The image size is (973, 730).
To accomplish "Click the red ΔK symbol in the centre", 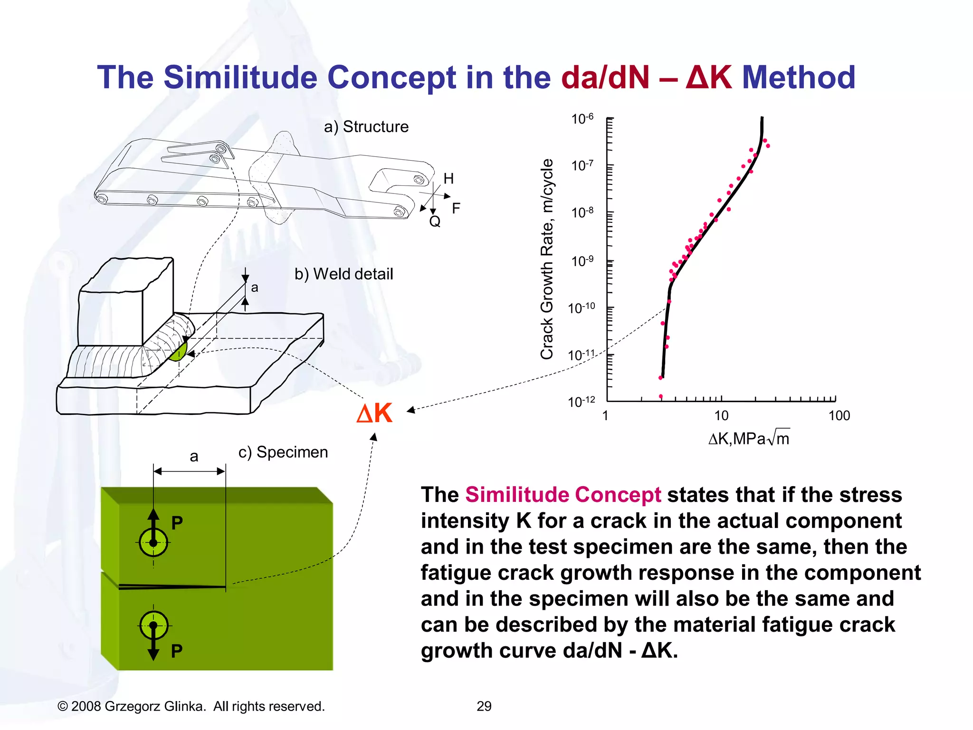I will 375,413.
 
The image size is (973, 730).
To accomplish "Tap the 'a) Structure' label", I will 366,127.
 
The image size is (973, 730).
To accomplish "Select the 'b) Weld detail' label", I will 343,274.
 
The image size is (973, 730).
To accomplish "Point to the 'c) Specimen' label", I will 283,452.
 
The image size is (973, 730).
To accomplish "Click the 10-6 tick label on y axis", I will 582,118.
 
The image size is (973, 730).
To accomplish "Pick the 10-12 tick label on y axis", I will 581,402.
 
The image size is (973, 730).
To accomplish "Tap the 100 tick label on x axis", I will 839,416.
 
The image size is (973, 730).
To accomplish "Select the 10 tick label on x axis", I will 721,416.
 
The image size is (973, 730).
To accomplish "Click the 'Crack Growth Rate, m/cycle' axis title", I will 547,259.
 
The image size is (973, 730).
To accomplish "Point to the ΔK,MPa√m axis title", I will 749,438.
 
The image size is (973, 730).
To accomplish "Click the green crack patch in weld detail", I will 179,352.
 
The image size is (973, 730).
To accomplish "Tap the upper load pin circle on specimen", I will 153,542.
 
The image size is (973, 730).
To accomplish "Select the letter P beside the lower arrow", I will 177,651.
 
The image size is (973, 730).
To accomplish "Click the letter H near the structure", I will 448,179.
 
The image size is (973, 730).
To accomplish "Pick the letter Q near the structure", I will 435,221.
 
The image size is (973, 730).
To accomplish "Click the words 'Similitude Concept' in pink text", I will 563,495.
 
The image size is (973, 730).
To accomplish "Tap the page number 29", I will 484,706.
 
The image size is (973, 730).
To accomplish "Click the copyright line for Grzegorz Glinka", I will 191,706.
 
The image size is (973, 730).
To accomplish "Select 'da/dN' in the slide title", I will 605,77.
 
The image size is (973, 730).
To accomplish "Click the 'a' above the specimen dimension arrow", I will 194,457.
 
